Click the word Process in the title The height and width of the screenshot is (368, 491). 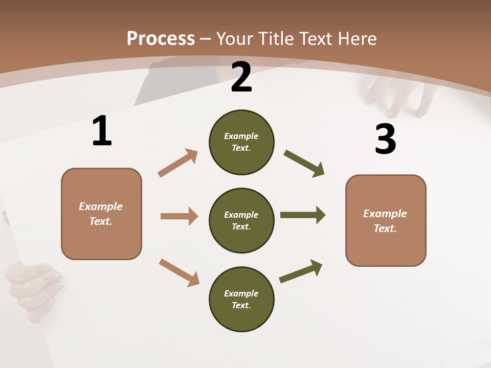(x=161, y=38)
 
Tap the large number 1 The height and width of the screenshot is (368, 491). (x=102, y=131)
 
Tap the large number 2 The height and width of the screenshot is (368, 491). (x=241, y=77)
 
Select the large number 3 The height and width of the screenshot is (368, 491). (x=385, y=139)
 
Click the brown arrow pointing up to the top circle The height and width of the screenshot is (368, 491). (x=178, y=163)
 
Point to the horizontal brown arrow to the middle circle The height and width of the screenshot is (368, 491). (x=179, y=216)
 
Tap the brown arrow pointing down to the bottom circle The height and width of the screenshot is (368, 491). (x=179, y=272)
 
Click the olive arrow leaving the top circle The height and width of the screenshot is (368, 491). (x=304, y=164)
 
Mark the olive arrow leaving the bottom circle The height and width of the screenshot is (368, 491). (x=301, y=271)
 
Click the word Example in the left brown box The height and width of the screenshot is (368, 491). (x=101, y=206)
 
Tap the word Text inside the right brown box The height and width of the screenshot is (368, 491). (x=385, y=228)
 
